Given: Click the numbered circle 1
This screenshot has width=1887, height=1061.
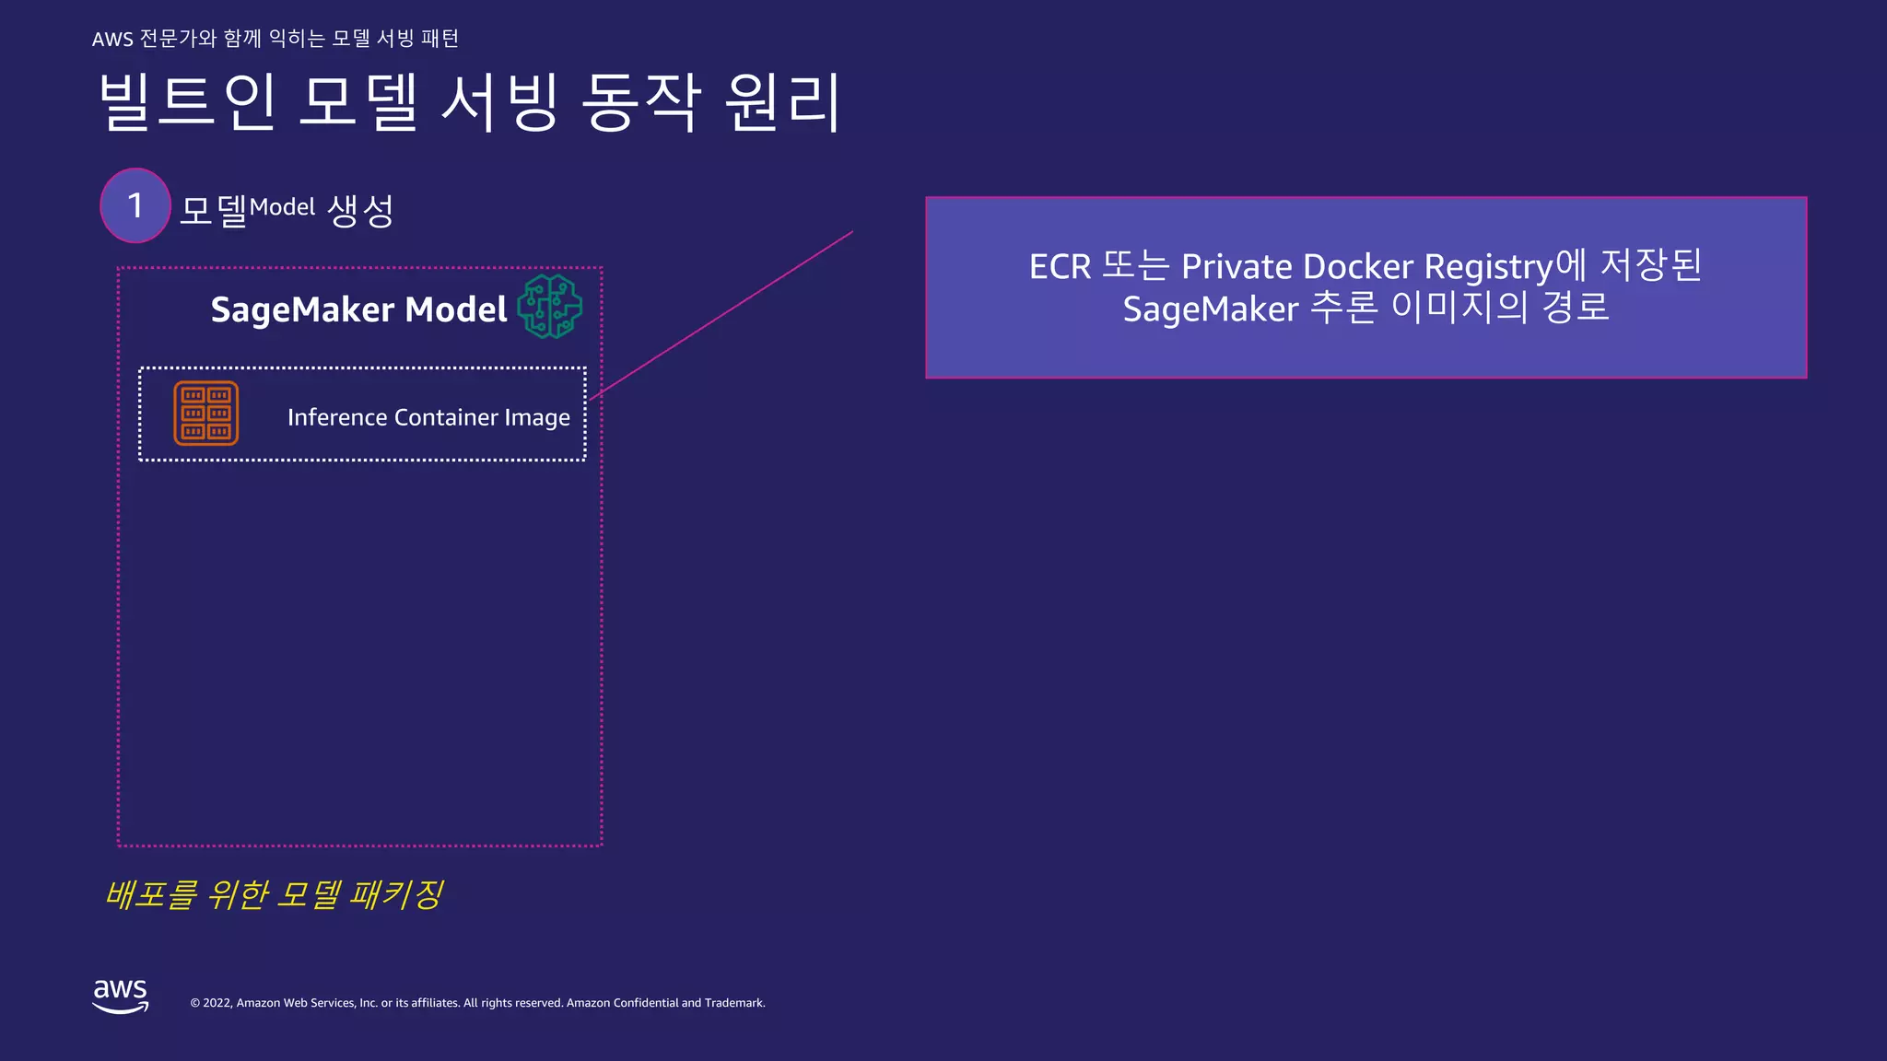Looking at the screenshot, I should (135, 205).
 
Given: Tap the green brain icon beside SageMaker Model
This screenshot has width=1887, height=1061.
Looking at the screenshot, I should (550, 307).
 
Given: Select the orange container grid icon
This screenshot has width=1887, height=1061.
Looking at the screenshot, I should (206, 414).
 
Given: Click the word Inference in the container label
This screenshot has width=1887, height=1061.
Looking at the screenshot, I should (337, 417).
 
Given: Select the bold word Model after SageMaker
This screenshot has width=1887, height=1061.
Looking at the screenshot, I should (456, 309).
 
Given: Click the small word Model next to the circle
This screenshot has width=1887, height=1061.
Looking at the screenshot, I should (282, 207).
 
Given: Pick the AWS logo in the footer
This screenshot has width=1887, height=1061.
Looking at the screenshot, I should (121, 995).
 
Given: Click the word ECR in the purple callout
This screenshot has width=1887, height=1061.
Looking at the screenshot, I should (1060, 267).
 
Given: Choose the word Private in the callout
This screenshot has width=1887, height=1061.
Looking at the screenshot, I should (1237, 267).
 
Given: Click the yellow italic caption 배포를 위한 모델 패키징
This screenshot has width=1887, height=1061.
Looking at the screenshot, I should (275, 894).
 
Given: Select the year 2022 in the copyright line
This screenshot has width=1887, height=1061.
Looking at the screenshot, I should (217, 1003).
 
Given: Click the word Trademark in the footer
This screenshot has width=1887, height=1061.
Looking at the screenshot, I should (734, 1003).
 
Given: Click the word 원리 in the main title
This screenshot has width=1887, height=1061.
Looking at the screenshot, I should (782, 101).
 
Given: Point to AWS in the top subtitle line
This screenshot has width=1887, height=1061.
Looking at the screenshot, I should (112, 39).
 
